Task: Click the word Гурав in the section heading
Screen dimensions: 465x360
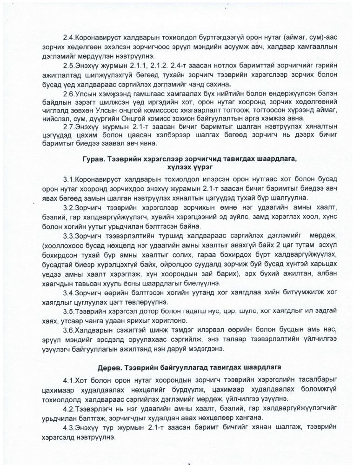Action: click(x=93, y=159)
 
